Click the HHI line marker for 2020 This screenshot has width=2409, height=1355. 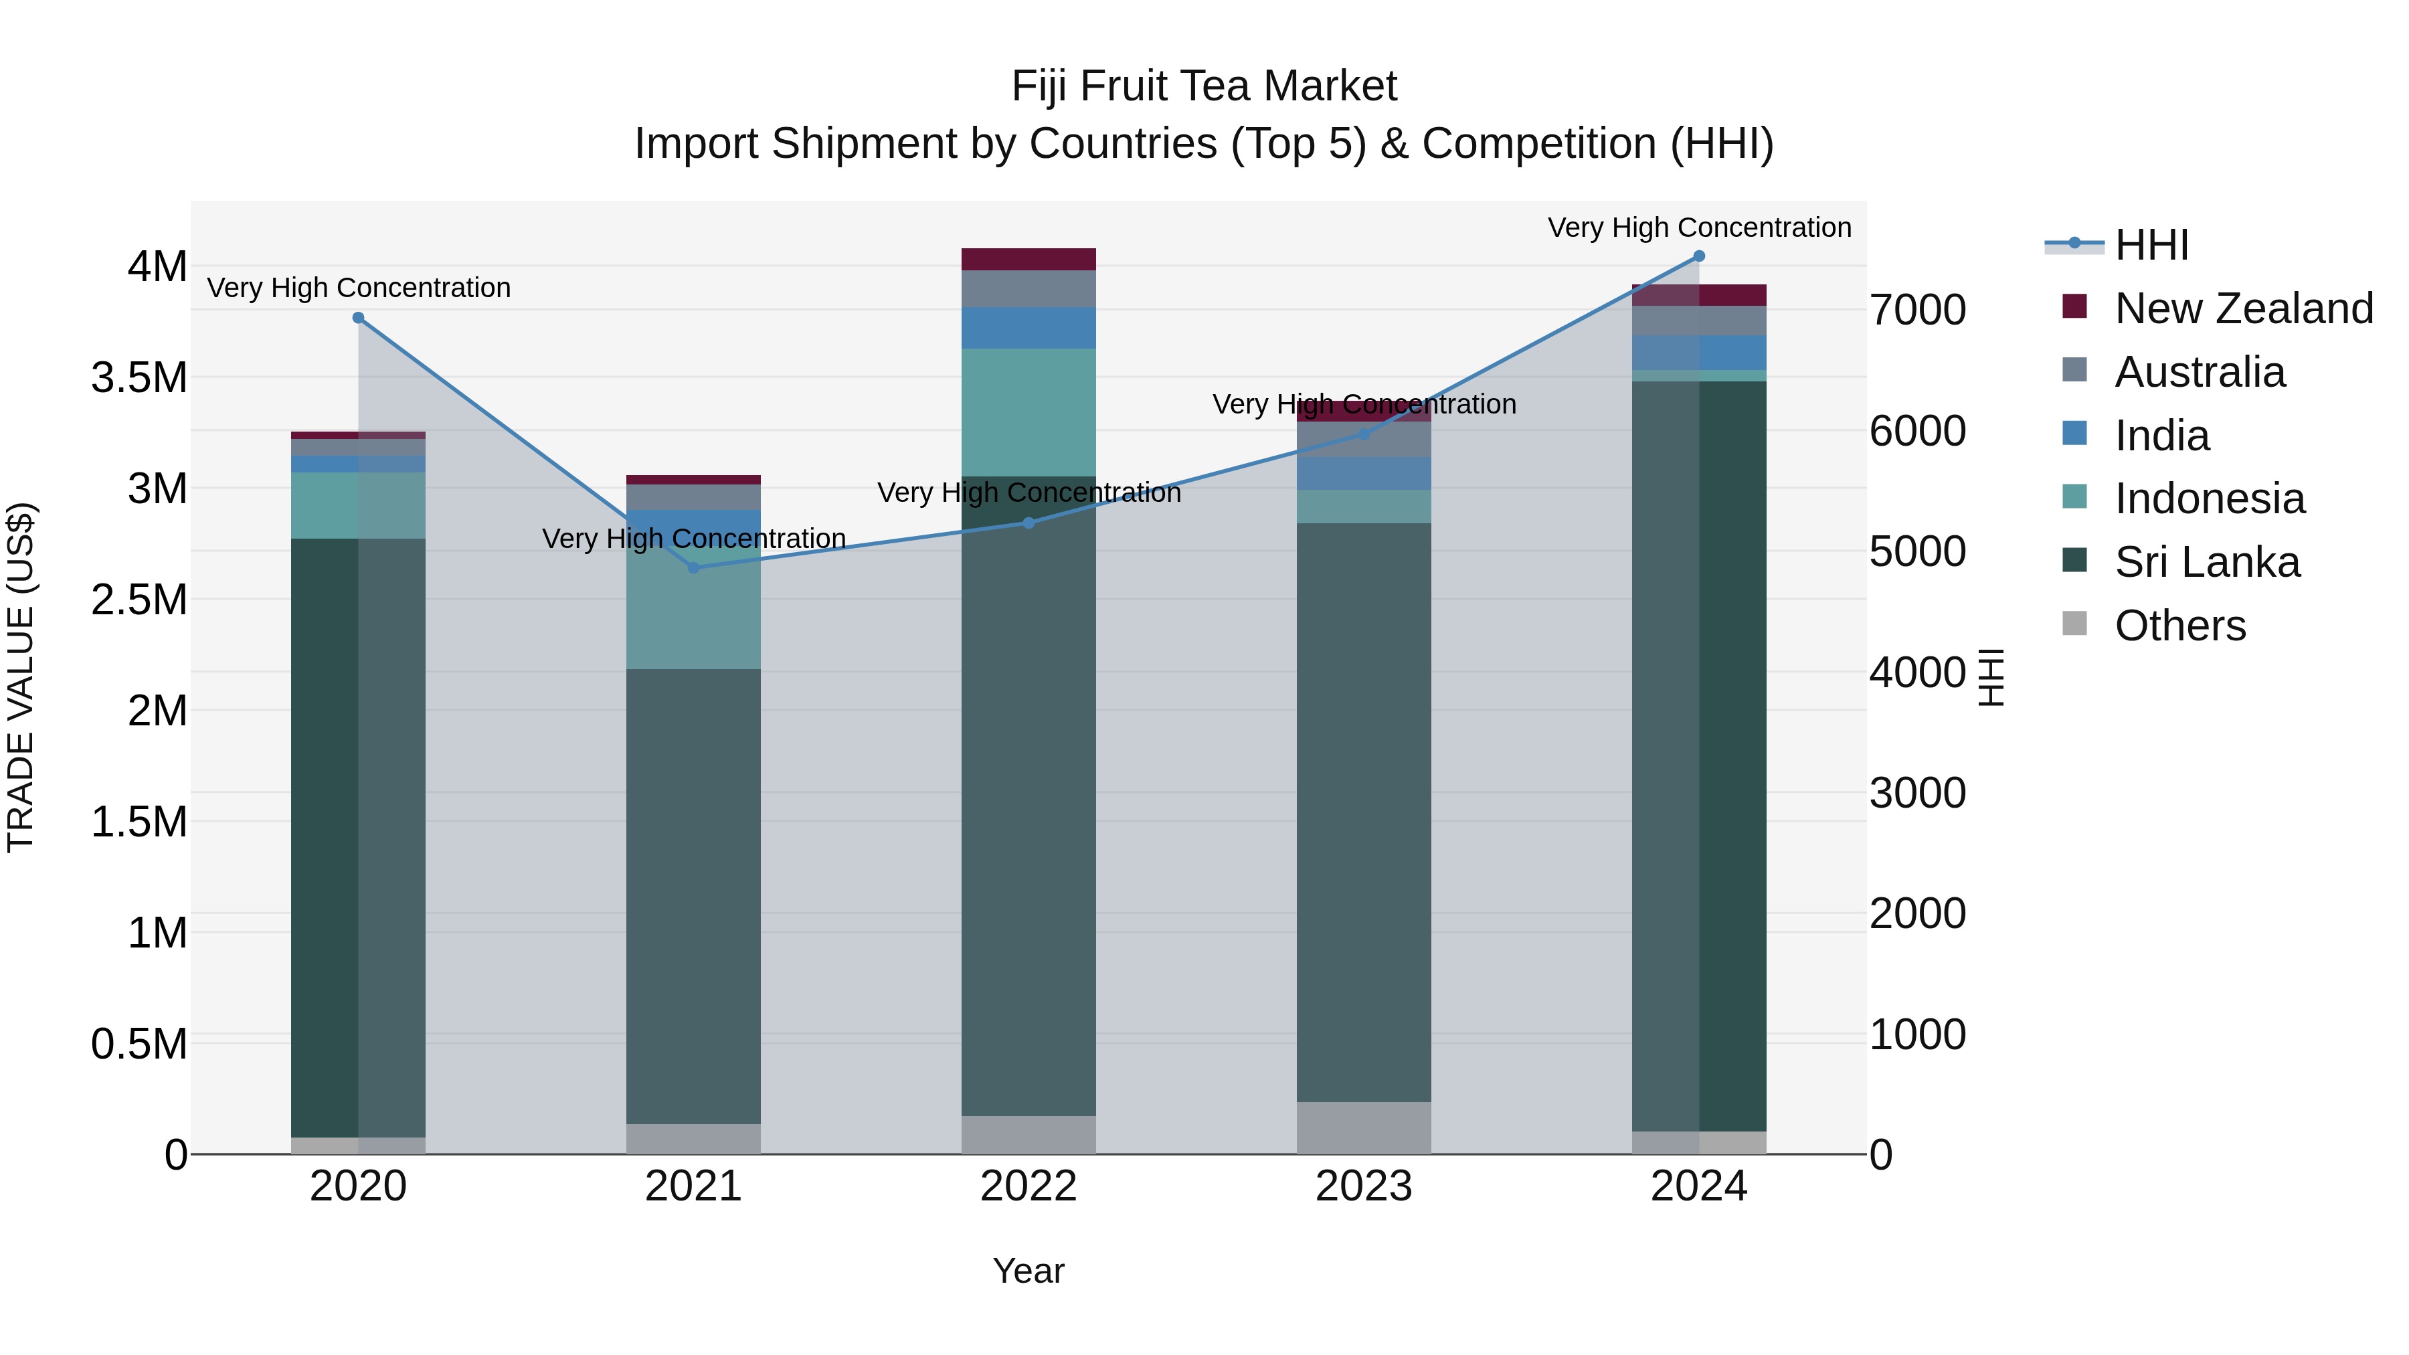coord(358,318)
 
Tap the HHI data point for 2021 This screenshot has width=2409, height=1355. coord(693,567)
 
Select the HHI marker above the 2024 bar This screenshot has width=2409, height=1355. coord(1699,256)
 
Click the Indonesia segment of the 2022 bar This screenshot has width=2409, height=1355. coord(1029,412)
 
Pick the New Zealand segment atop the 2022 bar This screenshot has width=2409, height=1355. coord(1029,259)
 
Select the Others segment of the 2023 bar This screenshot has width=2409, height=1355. coord(1364,1127)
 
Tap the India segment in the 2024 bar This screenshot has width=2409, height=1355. coord(1699,353)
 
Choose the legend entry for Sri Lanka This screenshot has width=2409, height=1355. coord(2206,563)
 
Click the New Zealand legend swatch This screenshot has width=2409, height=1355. coord(2074,306)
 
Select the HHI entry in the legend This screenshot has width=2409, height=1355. coord(2151,245)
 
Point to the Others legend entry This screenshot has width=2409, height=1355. coord(2179,626)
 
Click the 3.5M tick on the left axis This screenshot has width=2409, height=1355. coord(139,378)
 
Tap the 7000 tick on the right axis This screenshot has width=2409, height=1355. coord(1917,310)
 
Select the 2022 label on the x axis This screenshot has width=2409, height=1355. coord(1029,1186)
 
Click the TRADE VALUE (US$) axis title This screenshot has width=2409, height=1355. coord(21,677)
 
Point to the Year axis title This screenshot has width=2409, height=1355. coord(1029,1271)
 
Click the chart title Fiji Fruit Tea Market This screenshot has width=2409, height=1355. coord(1204,87)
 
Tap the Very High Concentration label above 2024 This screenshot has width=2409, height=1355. coord(1699,228)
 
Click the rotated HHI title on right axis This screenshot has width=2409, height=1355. coord(1992,677)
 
